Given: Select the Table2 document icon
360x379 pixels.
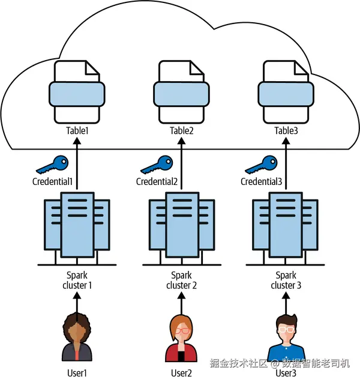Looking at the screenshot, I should tap(181, 91).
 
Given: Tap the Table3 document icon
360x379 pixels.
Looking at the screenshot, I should tap(286, 91).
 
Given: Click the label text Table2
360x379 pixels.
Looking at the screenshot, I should tap(181, 130).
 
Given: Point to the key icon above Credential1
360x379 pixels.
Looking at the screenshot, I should tap(53, 164).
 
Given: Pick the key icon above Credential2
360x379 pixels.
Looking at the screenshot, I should tap(157, 164).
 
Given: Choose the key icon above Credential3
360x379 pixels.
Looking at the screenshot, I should tap(262, 164).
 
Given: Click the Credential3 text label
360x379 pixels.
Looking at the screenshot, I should tap(262, 181).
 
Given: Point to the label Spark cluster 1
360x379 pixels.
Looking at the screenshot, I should tap(77, 280).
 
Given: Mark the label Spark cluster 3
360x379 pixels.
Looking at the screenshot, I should tap(286, 280).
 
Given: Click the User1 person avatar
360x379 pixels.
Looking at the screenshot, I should tap(77, 338).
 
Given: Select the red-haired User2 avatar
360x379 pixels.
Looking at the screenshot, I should tap(181, 338).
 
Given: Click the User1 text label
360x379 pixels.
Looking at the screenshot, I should tap(77, 373).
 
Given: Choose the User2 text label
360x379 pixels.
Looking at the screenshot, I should tap(181, 373).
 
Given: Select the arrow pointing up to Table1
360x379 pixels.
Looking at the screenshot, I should tap(77, 162).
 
